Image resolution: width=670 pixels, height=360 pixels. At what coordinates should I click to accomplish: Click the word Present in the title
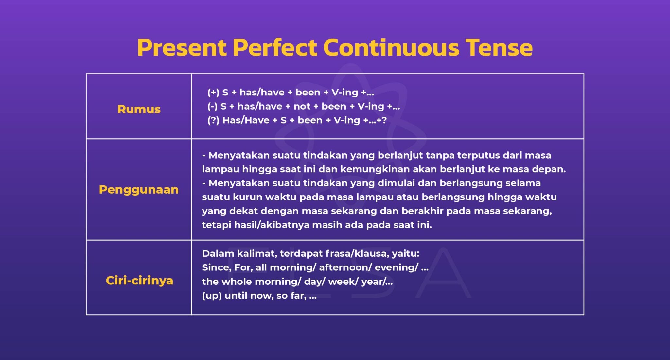pos(182,48)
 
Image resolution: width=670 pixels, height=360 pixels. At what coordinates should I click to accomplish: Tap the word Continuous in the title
pos(391,48)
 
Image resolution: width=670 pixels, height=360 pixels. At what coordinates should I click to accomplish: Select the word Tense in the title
pos(499,48)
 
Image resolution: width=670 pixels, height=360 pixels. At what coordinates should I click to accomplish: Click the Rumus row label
pos(139,109)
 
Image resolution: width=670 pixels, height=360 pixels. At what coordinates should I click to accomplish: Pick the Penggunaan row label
pos(139,190)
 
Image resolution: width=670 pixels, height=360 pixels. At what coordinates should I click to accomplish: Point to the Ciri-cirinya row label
pos(139,281)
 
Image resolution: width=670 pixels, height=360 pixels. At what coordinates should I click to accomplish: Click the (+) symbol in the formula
pos(213,93)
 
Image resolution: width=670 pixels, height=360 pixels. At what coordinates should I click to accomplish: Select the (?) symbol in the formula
pos(213,120)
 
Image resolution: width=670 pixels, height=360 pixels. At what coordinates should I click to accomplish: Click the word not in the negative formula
pos(302,107)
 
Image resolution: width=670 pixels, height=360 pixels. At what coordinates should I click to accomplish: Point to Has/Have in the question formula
pos(246,120)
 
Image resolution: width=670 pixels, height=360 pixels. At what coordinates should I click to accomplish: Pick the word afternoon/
pos(345,267)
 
